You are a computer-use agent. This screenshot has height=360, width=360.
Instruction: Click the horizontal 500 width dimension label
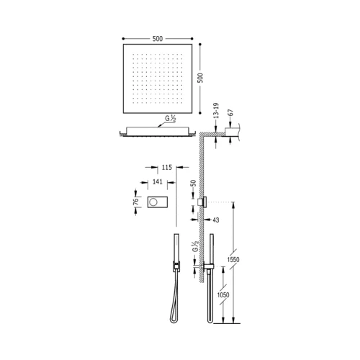[158, 39]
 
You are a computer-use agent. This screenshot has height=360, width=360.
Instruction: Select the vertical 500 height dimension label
[200, 78]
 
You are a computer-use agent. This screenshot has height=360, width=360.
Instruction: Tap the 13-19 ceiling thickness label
[216, 111]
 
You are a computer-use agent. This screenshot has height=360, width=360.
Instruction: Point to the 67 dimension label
[230, 113]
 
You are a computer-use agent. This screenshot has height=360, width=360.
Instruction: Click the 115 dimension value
[167, 167]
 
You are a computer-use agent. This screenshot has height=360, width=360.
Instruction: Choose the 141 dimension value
[158, 182]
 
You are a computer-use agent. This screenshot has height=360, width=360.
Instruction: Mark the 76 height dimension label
[136, 202]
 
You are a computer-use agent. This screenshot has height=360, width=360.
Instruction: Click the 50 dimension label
[193, 184]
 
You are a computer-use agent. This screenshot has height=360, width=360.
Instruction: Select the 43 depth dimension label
[216, 220]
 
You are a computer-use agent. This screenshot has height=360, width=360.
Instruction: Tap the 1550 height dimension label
[233, 259]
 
